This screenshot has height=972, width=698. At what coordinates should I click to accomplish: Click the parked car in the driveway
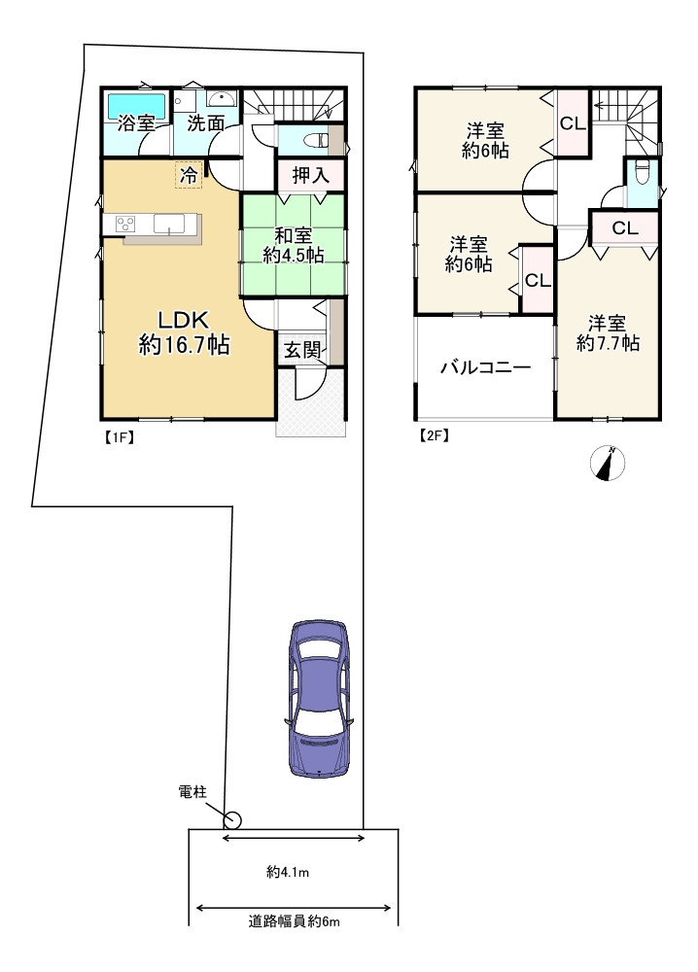[x=320, y=697]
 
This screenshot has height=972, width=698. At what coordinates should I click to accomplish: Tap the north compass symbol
[x=608, y=465]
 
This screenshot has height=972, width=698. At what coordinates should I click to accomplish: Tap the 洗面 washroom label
[x=206, y=123]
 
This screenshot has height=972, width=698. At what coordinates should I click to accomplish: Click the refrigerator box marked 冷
[x=189, y=175]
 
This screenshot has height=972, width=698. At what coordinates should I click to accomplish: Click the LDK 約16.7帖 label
[x=184, y=330]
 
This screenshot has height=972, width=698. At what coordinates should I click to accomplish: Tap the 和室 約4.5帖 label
[x=293, y=243]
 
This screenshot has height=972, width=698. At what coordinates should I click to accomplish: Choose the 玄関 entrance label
[x=302, y=351]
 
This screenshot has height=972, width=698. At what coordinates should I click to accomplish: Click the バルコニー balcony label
[x=483, y=368]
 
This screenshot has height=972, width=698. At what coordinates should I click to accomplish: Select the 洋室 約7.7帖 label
[x=607, y=332]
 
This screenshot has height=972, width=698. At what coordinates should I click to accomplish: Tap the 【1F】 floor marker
[x=118, y=436]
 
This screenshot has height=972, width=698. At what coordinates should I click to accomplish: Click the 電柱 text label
[x=192, y=793]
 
